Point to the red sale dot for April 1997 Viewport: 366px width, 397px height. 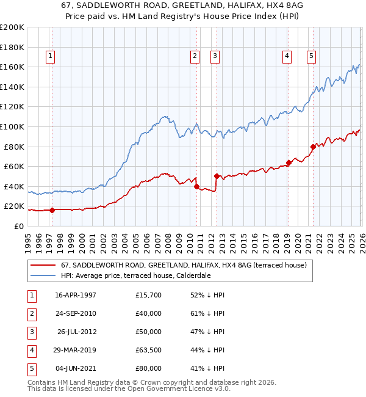click(52, 210)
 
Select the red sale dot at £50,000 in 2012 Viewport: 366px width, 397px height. click(217, 176)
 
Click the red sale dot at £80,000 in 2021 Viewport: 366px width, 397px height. click(313, 147)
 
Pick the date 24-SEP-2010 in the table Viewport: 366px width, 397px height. click(76, 313)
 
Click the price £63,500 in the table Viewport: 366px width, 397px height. click(149, 350)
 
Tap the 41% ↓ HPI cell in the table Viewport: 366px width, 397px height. click(207, 368)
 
